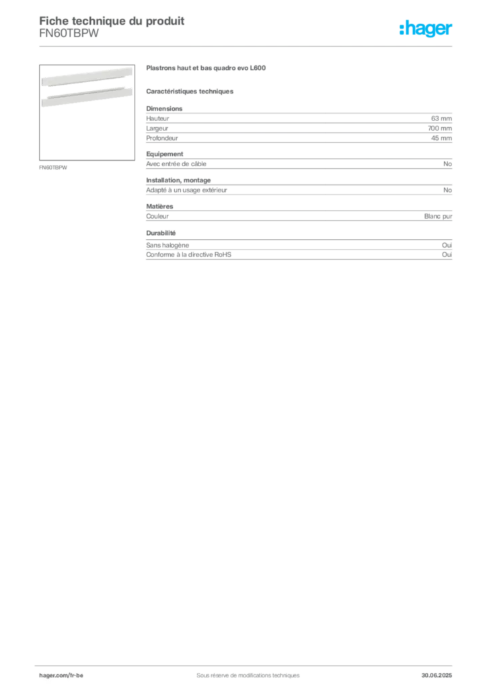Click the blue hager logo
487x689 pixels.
point(427,30)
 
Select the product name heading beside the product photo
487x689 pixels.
point(202,69)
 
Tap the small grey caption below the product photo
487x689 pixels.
point(54,167)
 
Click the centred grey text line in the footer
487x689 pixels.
point(242,671)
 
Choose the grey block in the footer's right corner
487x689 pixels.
point(441,671)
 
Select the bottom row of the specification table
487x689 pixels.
point(299,256)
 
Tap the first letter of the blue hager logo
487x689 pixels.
point(402,30)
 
